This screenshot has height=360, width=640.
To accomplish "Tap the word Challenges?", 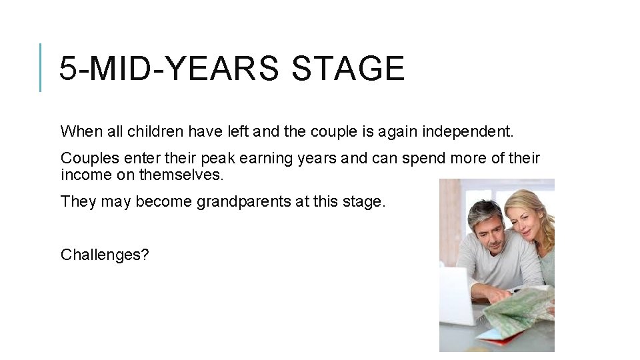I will (x=105, y=255).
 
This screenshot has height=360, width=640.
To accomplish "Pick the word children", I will (x=154, y=131).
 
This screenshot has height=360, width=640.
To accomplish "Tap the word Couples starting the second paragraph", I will (x=86, y=159).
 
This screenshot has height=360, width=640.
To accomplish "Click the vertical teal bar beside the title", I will (x=41, y=67).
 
